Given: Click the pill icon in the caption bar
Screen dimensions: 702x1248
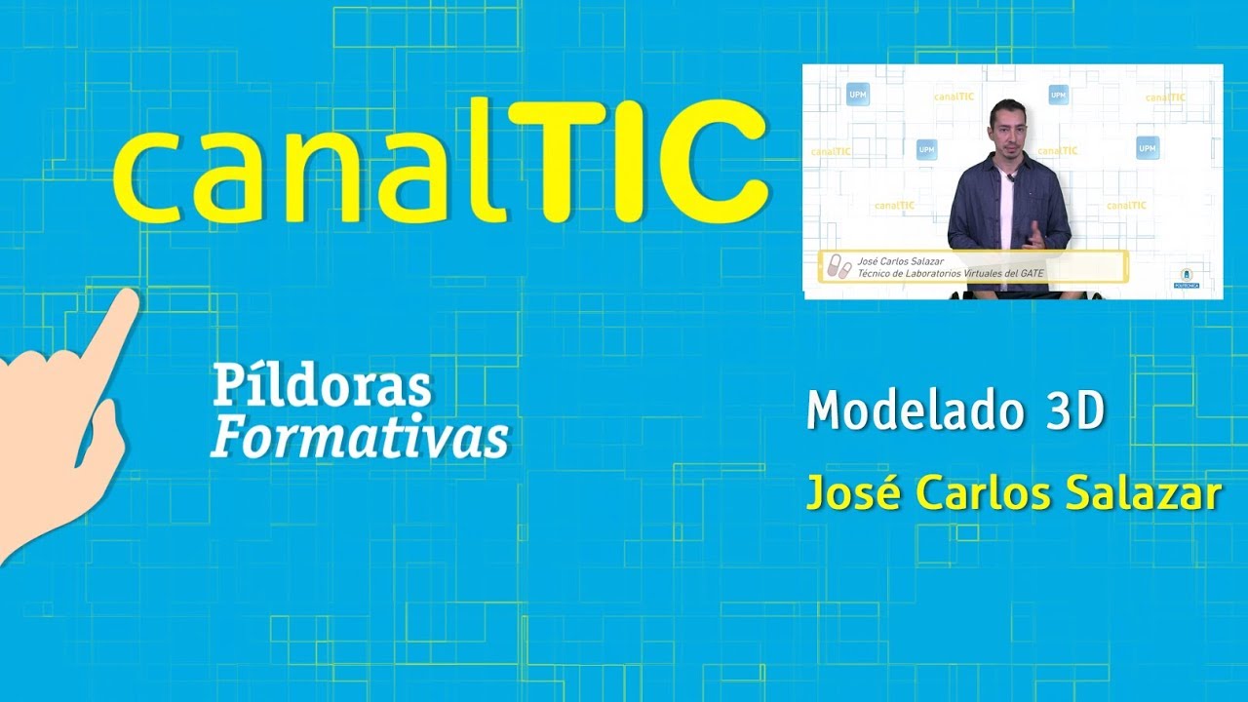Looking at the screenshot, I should (x=837, y=267).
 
